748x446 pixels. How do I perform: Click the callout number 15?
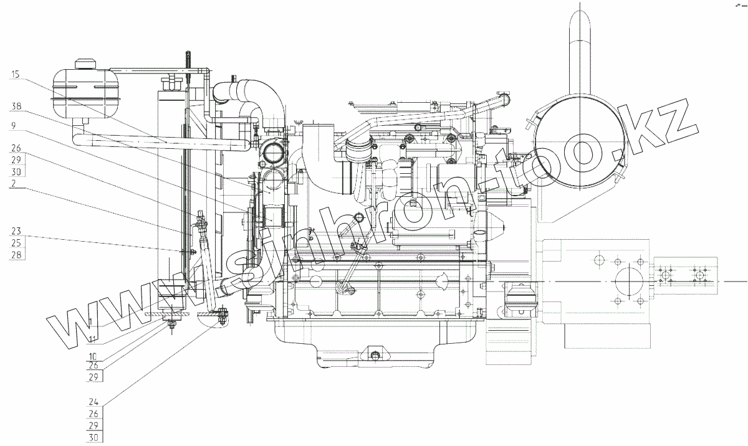tap(16, 74)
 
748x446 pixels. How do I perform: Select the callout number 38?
tap(16, 106)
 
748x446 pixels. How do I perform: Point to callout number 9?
tap(13, 126)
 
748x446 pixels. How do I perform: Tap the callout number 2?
tap(13, 183)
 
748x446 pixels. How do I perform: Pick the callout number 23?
tap(16, 231)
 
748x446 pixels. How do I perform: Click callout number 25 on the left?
tap(16, 243)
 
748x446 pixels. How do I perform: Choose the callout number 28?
tap(16, 255)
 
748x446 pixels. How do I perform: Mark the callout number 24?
tap(93, 402)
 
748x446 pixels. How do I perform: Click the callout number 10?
tap(92, 356)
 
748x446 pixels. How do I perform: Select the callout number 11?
tap(92, 339)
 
